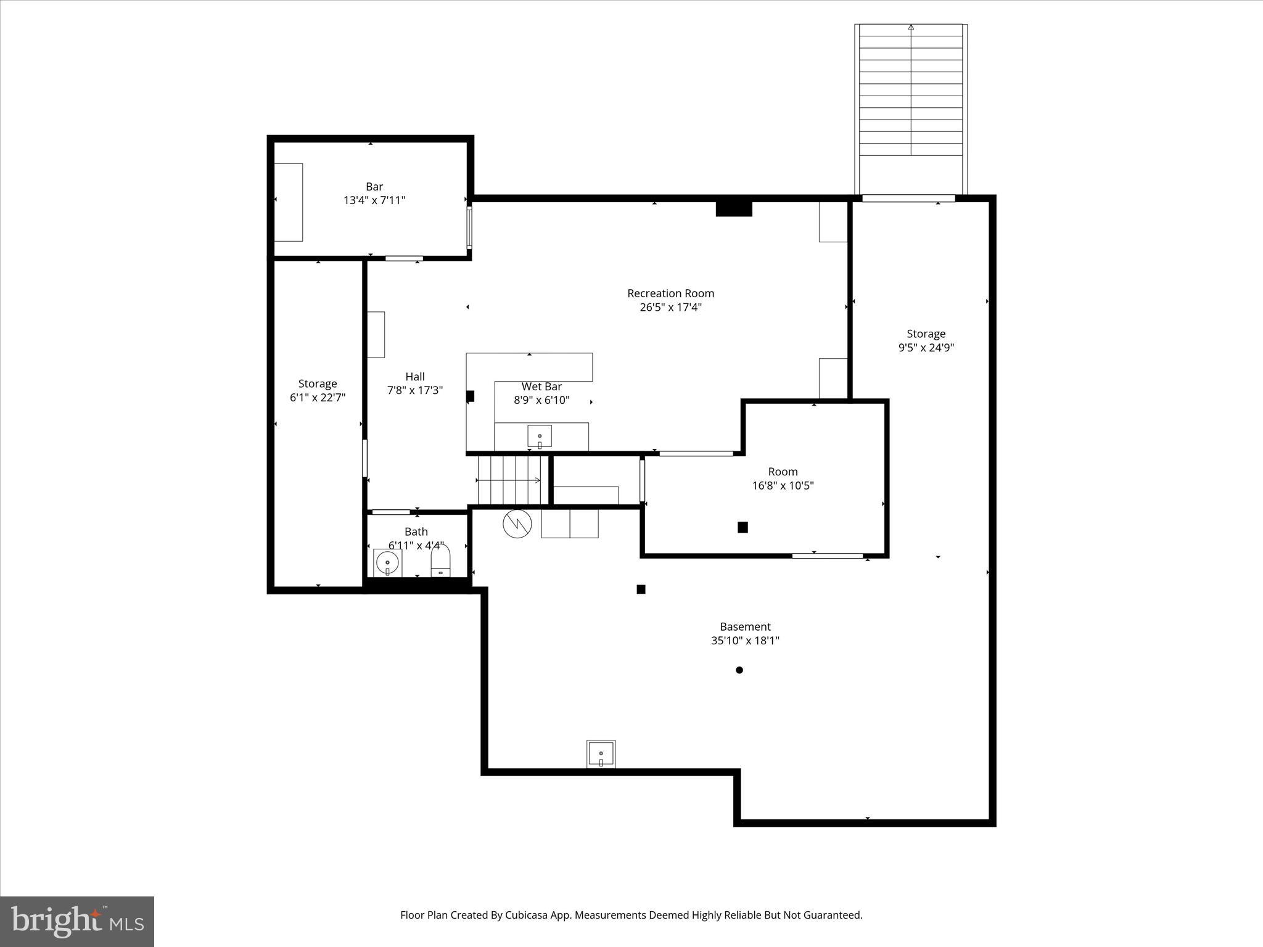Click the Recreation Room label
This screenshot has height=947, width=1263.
tap(670, 293)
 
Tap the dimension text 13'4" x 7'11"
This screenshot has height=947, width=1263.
tap(374, 200)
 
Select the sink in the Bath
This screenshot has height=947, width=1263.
tap(387, 563)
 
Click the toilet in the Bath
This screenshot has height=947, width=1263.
tap(440, 562)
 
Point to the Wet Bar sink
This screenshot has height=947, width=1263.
tap(540, 437)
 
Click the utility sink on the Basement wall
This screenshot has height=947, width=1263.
tap(601, 754)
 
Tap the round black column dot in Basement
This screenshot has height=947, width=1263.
tap(739, 670)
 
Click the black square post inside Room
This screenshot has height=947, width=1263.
tap(743, 527)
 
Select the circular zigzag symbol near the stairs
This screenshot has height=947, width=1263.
tap(517, 524)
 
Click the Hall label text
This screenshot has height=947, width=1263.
tap(415, 377)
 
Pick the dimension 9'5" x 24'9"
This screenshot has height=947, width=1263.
tap(926, 348)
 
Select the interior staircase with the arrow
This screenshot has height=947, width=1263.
tap(509, 480)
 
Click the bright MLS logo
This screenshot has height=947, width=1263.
tap(77, 922)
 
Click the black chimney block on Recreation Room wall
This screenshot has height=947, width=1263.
tap(734, 208)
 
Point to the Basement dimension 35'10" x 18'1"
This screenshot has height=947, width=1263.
tap(745, 641)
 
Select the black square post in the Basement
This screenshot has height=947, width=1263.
tap(641, 589)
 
